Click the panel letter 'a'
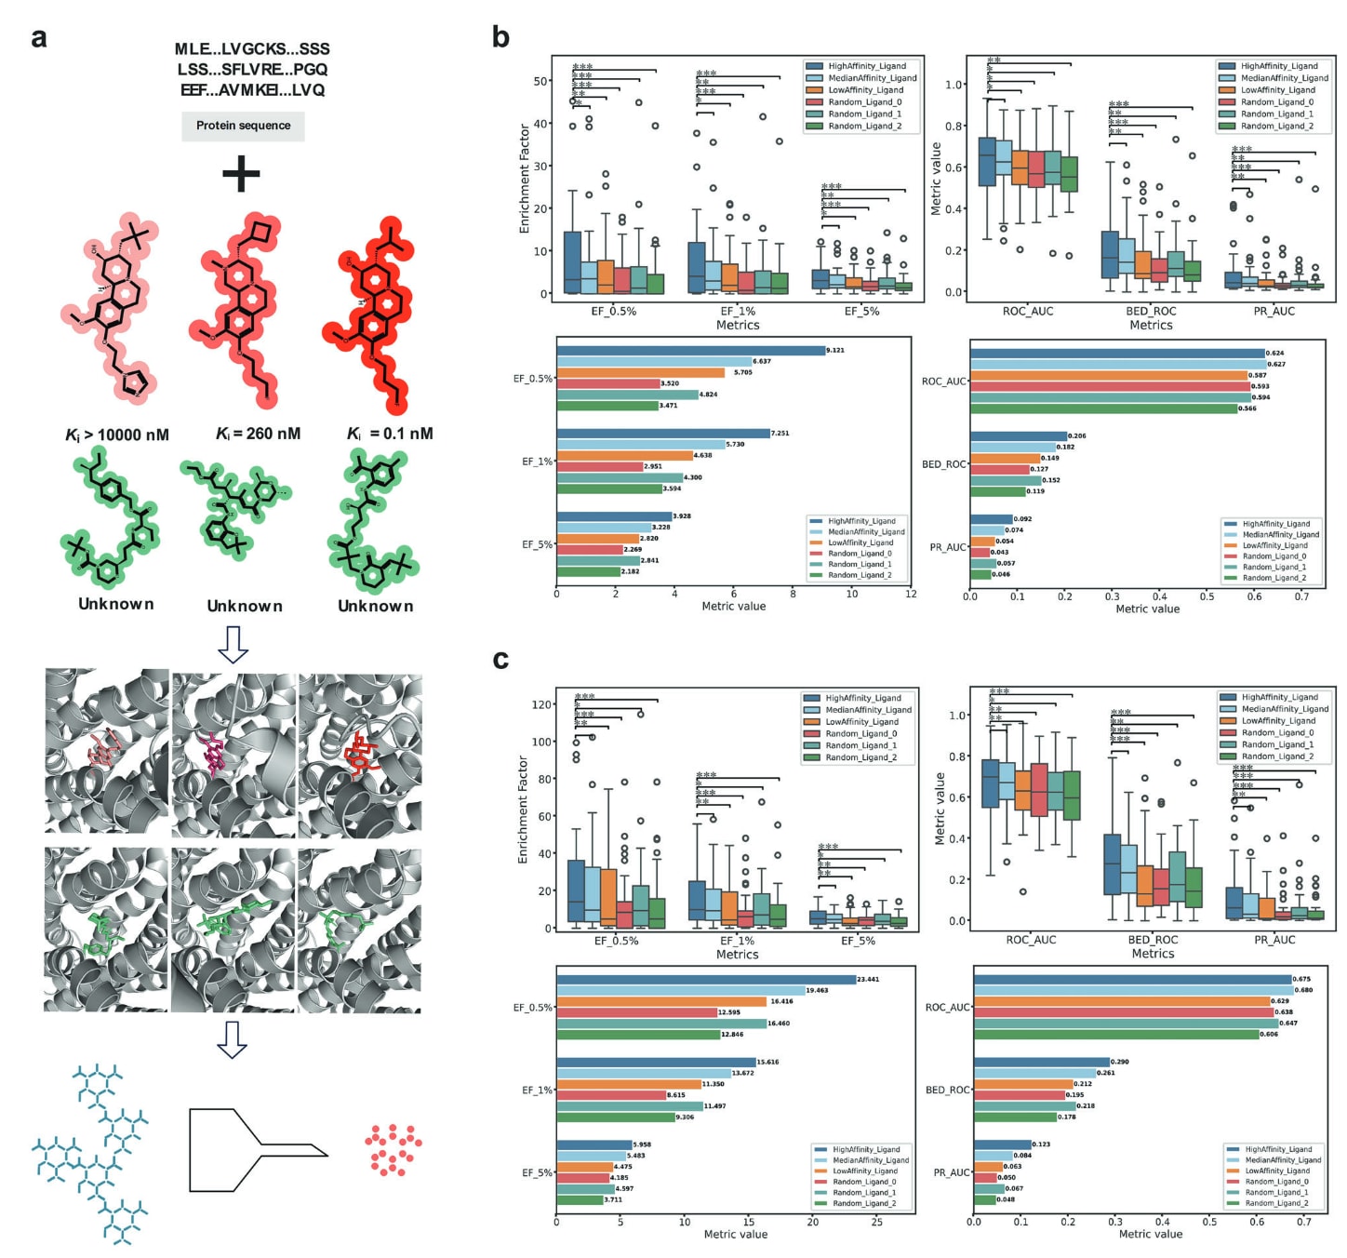(38, 37)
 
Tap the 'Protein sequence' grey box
(243, 126)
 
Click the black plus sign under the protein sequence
(241, 173)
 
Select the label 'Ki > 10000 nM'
(117, 435)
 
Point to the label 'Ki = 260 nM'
(258, 434)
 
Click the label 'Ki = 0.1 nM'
(390, 434)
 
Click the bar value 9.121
(835, 351)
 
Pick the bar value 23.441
(867, 980)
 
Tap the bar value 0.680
(1303, 990)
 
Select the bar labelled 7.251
(663, 434)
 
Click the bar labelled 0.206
(1019, 436)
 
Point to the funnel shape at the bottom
(258, 1132)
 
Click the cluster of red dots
(393, 1149)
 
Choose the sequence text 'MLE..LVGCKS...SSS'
(252, 49)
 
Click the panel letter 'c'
(500, 660)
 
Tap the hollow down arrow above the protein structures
(232, 644)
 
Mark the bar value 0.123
(1041, 1144)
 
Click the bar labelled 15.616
(657, 1063)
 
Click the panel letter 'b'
(500, 37)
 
